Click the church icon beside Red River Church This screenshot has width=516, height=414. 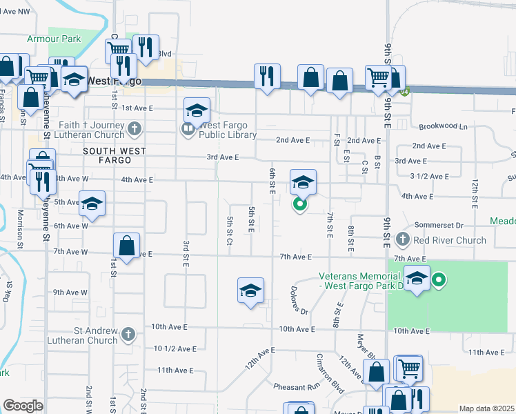click(x=404, y=240)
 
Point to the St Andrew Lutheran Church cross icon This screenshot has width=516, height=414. click(x=128, y=335)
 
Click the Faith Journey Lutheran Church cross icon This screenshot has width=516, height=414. click(x=135, y=128)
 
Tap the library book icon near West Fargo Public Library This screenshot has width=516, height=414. click(x=188, y=129)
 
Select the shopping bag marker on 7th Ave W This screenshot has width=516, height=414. click(x=127, y=246)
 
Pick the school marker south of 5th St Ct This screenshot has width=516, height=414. click(x=251, y=290)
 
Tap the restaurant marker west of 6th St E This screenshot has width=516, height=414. click(x=267, y=76)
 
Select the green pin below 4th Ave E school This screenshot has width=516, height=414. click(x=300, y=204)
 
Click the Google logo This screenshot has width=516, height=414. click(x=23, y=406)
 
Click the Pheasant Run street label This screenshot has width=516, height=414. click(x=297, y=386)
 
